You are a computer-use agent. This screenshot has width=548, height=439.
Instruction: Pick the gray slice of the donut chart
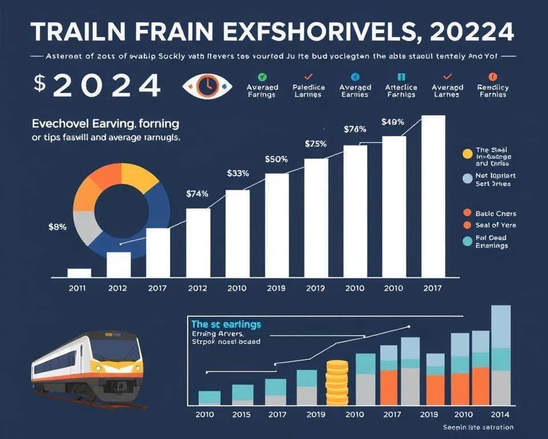(x=87, y=228)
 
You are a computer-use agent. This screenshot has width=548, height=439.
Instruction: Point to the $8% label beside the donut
(x=57, y=226)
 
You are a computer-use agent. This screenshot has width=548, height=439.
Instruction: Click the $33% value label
(x=238, y=173)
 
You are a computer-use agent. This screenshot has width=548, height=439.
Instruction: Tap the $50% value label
(x=276, y=159)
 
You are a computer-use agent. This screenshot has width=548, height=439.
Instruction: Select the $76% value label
(x=354, y=129)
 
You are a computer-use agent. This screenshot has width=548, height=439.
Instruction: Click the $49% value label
(x=393, y=121)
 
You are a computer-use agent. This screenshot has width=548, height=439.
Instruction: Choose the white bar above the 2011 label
(x=79, y=273)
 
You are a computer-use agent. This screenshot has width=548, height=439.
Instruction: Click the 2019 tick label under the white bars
(x=276, y=288)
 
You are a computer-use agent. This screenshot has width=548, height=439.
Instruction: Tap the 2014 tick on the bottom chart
(x=501, y=414)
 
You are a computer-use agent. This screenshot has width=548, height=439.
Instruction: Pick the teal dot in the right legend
(x=468, y=241)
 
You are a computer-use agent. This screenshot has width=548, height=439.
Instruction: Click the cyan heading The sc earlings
(x=226, y=324)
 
